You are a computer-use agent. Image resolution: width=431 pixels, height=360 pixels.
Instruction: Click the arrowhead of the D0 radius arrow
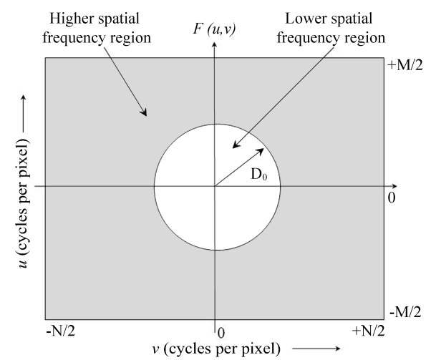[264, 149]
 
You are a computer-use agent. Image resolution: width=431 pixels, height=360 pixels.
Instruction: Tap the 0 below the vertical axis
[221, 332]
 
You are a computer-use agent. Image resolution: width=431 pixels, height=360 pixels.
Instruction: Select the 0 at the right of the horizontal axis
[392, 196]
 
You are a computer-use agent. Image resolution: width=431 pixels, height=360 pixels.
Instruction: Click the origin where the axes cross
[213, 187]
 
